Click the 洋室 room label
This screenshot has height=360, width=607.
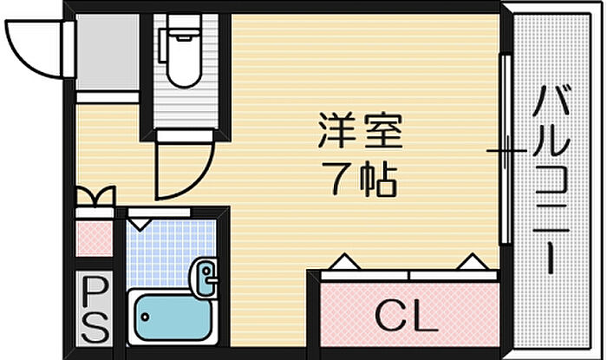(361, 130)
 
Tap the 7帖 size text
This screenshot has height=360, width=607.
(360, 180)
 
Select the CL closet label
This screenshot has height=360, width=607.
(407, 316)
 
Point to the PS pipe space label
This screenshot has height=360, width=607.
(94, 309)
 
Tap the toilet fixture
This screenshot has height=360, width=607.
(182, 56)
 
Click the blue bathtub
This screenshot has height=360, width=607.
(173, 317)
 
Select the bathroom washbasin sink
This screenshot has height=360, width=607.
(204, 278)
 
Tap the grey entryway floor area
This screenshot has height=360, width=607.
(108, 52)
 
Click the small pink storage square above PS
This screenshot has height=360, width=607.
(94, 239)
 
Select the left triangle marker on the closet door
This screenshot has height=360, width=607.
(344, 262)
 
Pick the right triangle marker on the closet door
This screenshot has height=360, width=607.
(473, 262)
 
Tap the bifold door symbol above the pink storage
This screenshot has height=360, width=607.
(95, 196)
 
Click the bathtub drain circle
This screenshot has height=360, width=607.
(145, 317)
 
